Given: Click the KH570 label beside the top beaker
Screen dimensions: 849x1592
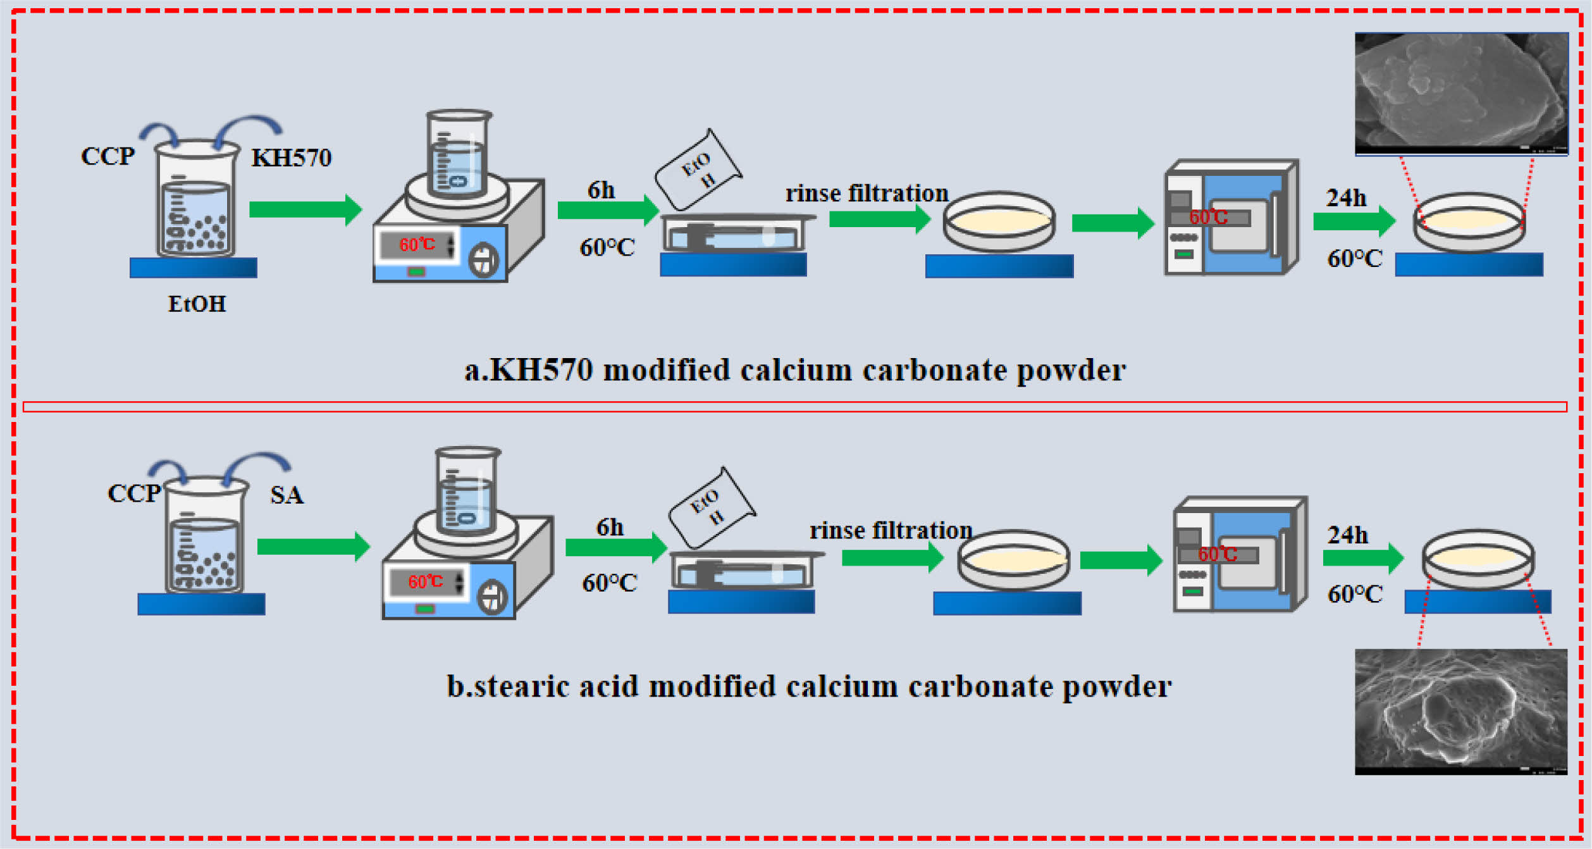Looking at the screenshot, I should point(292,158).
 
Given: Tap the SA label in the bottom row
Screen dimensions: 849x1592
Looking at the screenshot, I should point(287,495).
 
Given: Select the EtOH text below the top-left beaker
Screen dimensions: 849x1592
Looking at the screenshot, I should point(197,304).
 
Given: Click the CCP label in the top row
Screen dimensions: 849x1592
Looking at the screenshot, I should point(108,156).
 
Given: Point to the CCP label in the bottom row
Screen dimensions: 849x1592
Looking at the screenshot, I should point(133,493).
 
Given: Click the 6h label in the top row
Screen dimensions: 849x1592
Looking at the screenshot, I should point(601,190).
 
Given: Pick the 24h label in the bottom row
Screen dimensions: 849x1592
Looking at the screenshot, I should point(1347,535).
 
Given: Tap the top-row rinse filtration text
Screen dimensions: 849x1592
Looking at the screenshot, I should point(867,194).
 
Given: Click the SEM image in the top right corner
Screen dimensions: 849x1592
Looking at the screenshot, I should point(1460,93).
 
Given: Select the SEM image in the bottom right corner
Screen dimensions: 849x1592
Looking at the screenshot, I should point(1460,710).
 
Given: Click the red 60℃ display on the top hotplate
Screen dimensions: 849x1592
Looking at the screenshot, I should point(417,245).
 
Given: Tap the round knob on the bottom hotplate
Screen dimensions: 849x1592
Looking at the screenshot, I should point(492,597).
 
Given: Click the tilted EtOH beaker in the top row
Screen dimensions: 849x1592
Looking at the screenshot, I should point(698,170).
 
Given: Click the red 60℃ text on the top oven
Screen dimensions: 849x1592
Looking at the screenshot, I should point(1208,218).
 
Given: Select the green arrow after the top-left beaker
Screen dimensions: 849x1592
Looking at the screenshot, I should point(305,209).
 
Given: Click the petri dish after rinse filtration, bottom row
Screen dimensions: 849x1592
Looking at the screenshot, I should point(1013,560).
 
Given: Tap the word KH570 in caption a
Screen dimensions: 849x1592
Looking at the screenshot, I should point(541,370).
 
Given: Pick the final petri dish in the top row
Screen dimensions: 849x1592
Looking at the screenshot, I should point(1469,221).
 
